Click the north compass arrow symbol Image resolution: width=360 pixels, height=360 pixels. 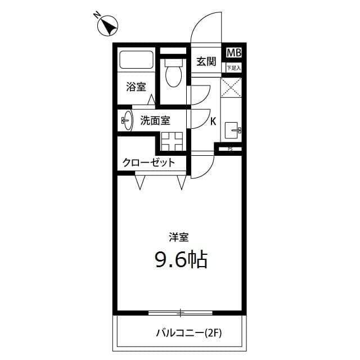(x=107, y=26)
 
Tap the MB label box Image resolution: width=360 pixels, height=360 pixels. (x=233, y=53)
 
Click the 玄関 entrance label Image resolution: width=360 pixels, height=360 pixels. (x=206, y=61)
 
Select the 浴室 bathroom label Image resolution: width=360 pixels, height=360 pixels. (x=136, y=87)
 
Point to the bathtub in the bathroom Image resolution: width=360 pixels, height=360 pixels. (x=136, y=60)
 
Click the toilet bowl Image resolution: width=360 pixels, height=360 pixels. (x=174, y=75)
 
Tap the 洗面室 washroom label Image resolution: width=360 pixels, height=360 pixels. (x=155, y=120)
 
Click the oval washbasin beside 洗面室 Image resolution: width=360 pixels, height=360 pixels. (x=128, y=120)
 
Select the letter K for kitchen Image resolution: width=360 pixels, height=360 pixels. (x=213, y=121)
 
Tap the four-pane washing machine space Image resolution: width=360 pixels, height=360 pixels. (x=173, y=141)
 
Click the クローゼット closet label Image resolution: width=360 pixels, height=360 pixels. (x=148, y=163)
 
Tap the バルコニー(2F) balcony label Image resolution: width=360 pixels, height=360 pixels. (x=189, y=333)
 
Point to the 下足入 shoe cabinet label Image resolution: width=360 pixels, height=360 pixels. (x=233, y=67)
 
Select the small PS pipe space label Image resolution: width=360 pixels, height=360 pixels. (x=229, y=148)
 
